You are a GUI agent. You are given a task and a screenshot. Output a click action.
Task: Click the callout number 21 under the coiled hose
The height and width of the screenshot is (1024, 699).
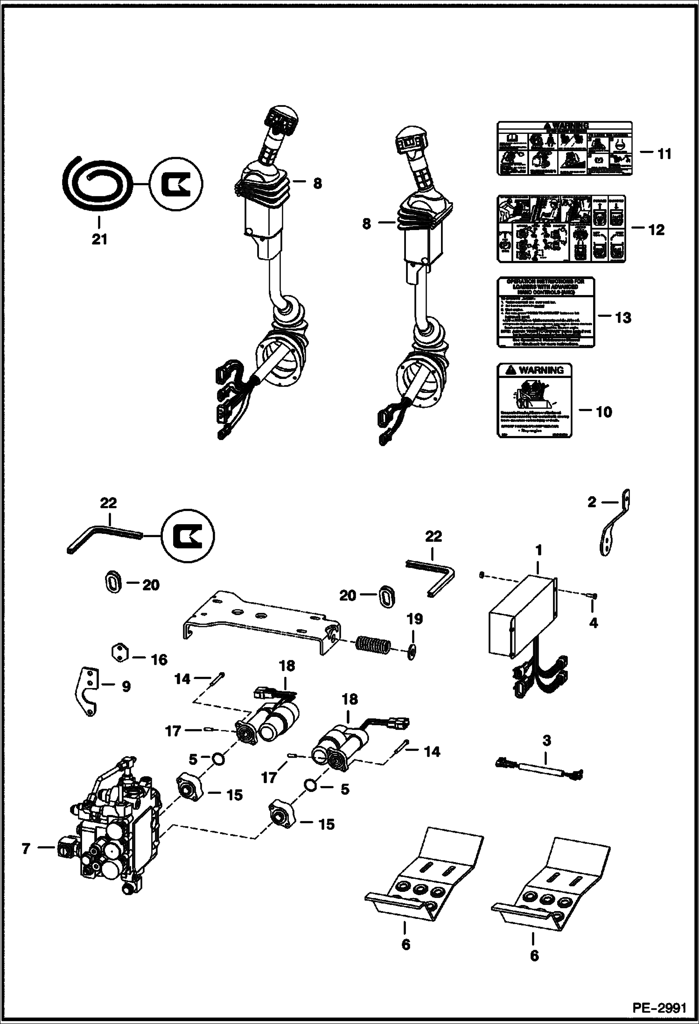(x=99, y=239)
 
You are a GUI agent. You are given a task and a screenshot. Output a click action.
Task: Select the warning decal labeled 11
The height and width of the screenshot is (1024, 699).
(x=565, y=148)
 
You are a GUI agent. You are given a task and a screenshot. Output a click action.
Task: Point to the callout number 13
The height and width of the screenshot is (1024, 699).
(x=622, y=318)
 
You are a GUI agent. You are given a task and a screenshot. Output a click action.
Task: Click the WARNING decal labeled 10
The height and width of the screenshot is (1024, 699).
(x=534, y=400)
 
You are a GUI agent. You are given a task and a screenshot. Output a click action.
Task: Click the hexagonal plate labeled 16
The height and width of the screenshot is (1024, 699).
(x=119, y=652)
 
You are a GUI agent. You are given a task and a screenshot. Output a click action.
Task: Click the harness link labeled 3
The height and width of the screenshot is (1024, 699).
(x=538, y=776)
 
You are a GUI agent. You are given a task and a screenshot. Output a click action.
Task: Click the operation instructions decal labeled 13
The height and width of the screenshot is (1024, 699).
(x=546, y=312)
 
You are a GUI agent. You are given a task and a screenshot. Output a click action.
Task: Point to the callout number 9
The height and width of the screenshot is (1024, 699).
(x=126, y=687)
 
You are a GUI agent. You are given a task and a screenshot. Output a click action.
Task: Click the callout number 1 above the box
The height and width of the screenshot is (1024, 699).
(x=538, y=551)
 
